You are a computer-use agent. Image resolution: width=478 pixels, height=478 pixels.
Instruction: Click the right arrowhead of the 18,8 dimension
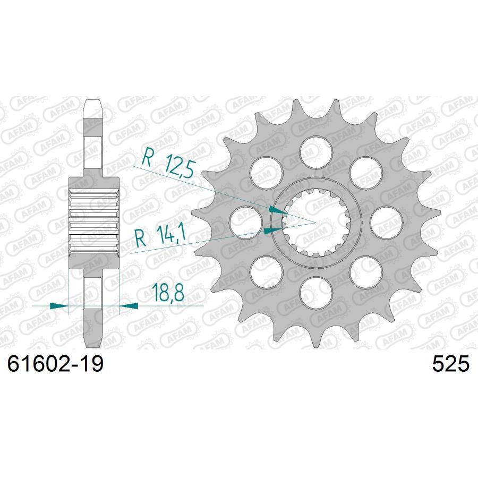coord(130,306)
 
